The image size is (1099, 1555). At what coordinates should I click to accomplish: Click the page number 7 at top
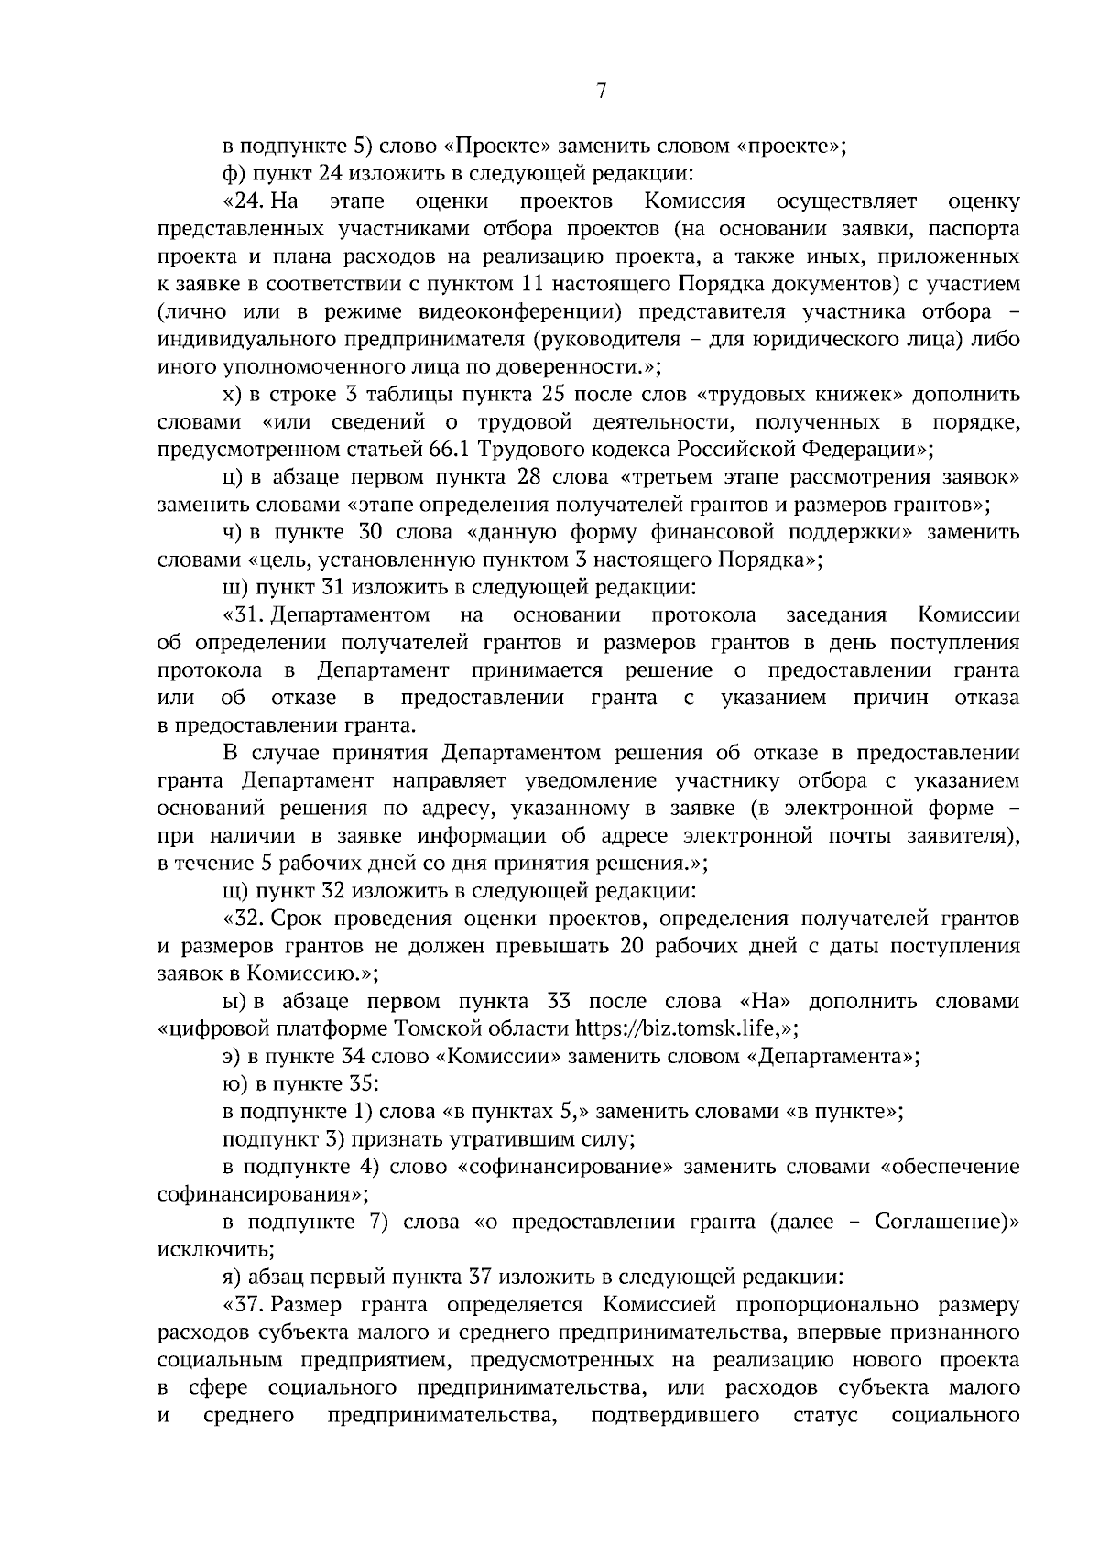601,91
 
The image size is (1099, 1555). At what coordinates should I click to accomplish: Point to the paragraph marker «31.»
245,615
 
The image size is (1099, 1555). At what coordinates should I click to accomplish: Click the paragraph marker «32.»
245,919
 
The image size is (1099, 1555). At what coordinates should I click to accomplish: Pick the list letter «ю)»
235,1084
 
